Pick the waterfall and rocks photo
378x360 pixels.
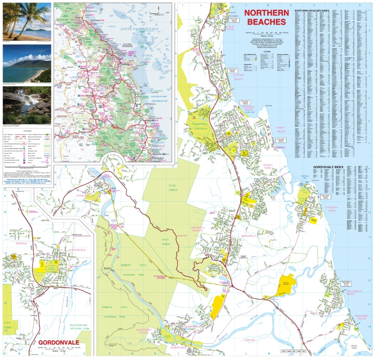pos(27,105)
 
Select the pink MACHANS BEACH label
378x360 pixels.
pos(354,316)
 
